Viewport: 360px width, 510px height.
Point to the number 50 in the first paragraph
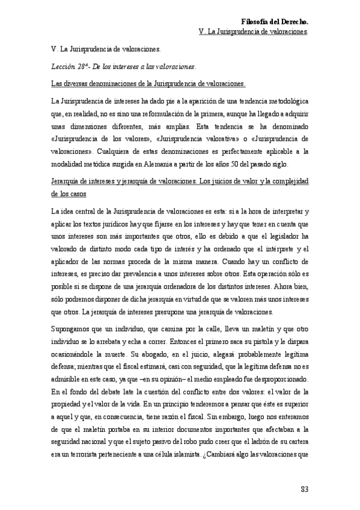[x=238, y=164]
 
